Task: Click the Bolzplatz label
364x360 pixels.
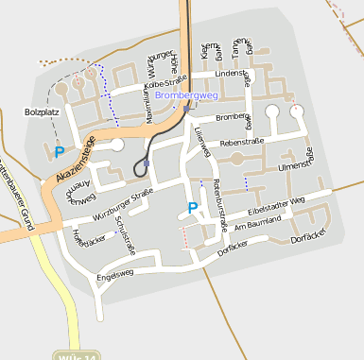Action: click(41, 111)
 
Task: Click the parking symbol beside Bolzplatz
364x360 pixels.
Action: click(60, 151)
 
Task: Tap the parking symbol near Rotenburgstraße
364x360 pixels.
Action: click(193, 208)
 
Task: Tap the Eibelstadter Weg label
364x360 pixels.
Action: click(276, 204)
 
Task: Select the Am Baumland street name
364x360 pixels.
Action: click(258, 221)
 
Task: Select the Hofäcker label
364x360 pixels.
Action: click(90, 240)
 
